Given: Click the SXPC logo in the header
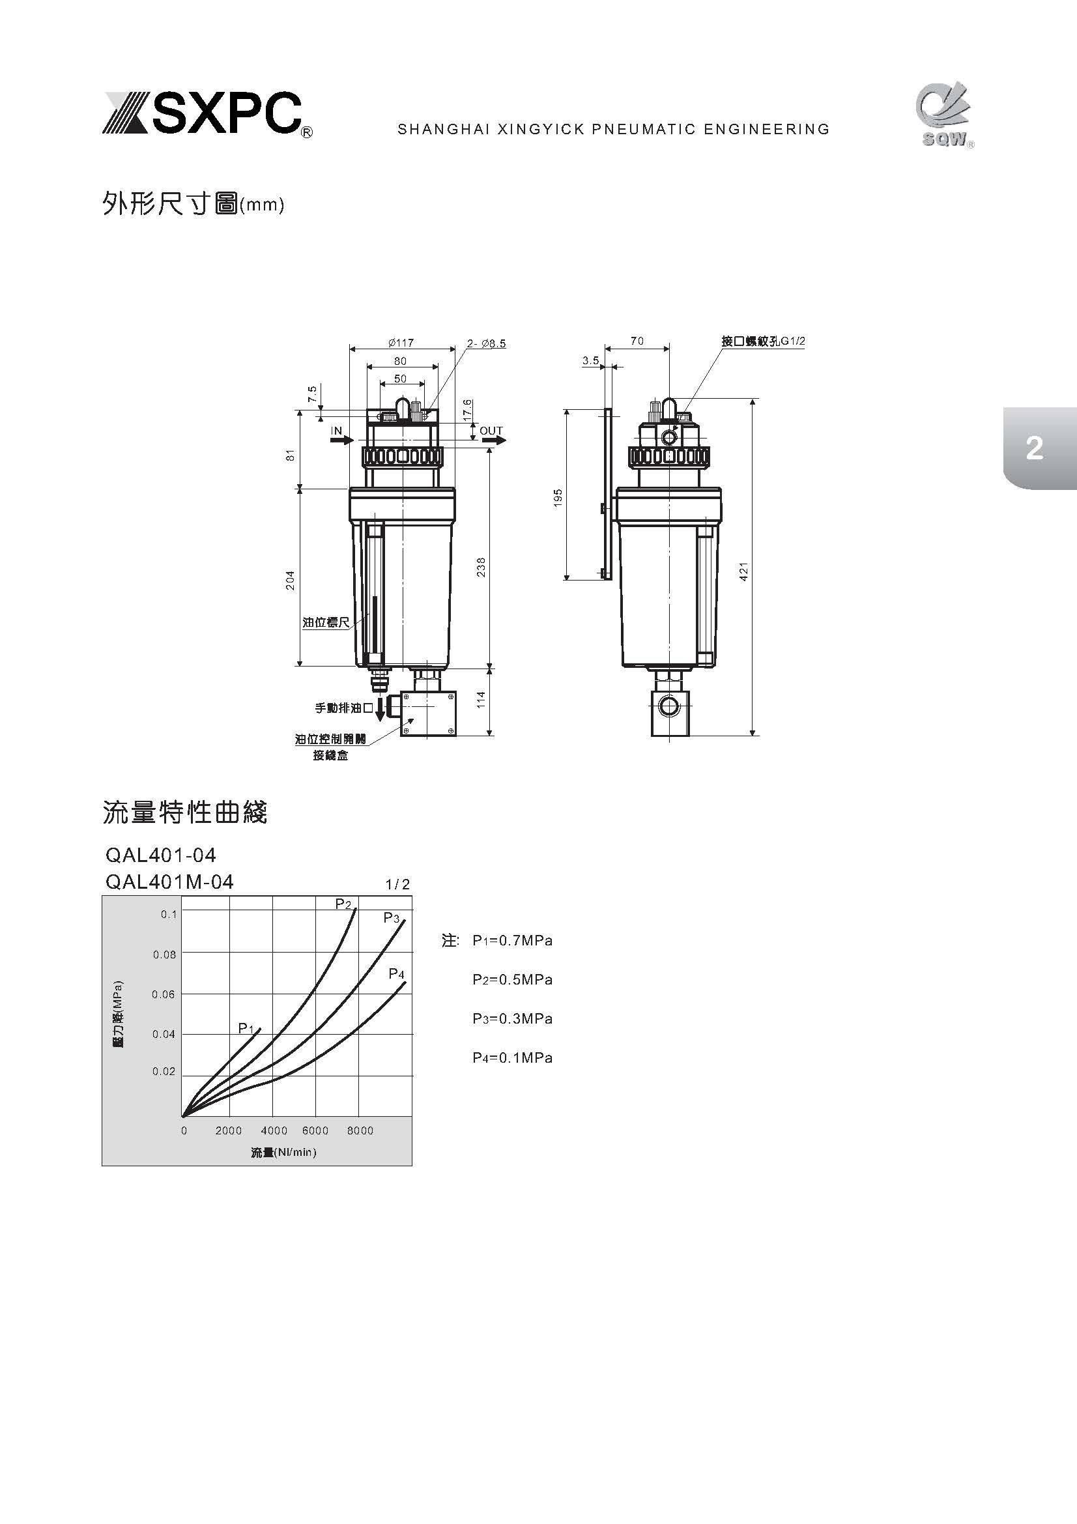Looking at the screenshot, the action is coord(207,114).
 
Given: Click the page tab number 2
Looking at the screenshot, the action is coord(1034,449).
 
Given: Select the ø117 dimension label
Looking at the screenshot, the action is coord(401,343).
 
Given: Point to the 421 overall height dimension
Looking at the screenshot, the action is coord(744,571).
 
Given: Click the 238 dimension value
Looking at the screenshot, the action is coord(481,567).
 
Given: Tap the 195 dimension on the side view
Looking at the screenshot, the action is coord(558,498).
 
